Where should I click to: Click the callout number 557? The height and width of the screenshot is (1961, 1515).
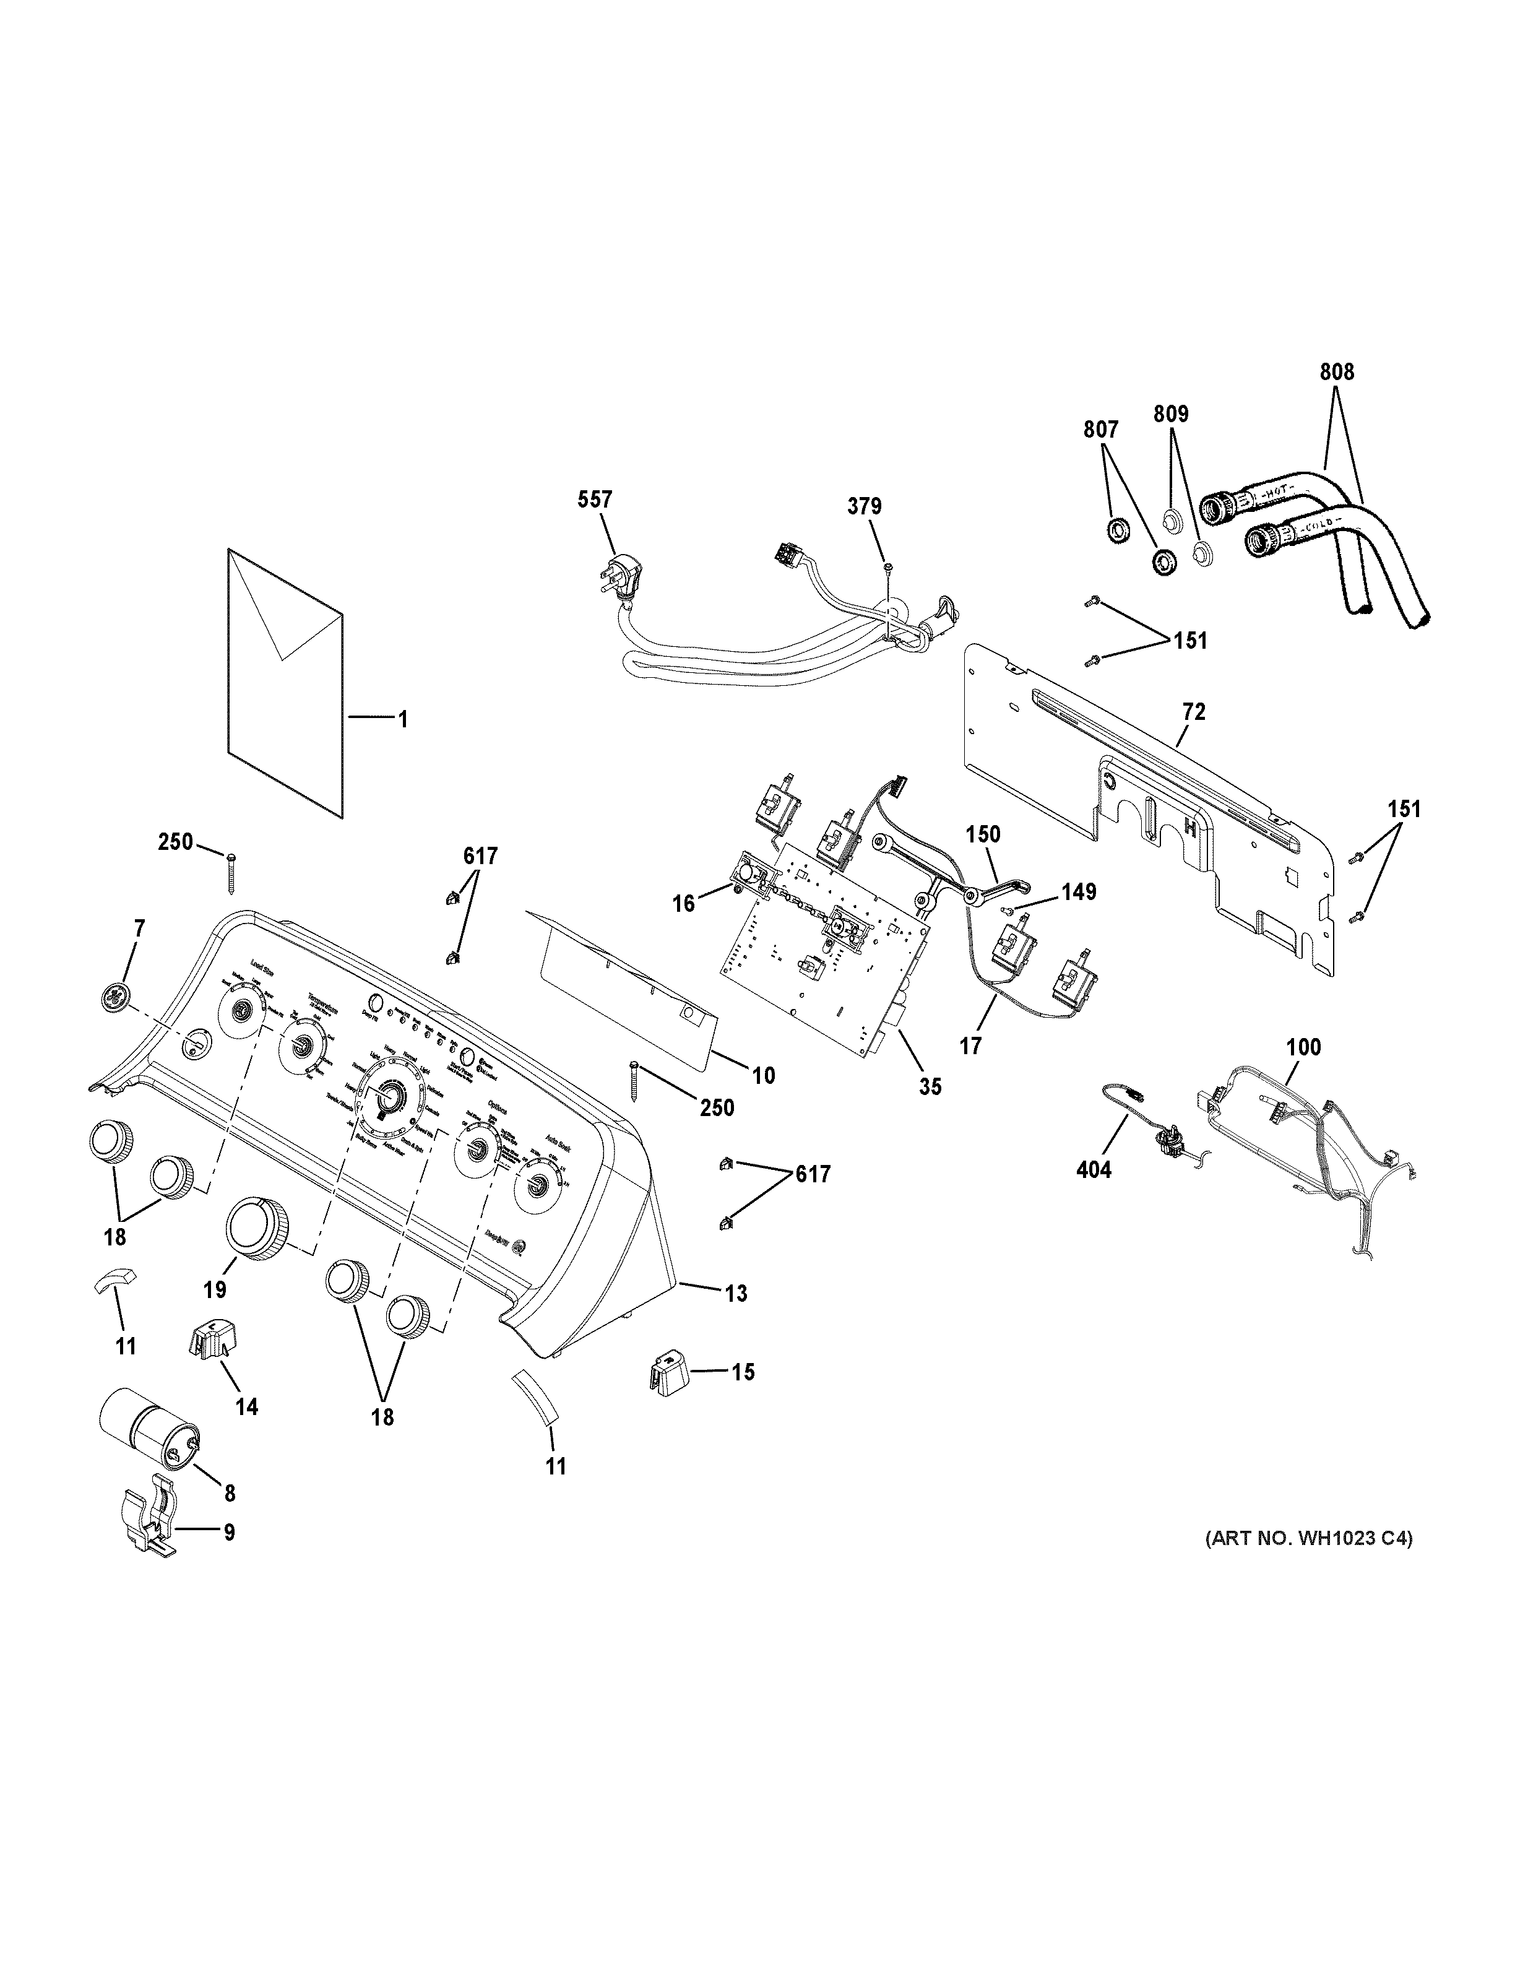coord(596,500)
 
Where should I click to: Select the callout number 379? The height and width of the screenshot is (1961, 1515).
coord(865,506)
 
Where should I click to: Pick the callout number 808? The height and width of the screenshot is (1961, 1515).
coord(1336,372)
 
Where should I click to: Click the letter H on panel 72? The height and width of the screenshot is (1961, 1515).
coord(1190,827)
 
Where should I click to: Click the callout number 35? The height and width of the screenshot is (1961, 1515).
coord(931,1086)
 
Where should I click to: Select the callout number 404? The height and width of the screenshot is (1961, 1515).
coord(1093,1169)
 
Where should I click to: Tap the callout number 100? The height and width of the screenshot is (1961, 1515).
coord(1303,1047)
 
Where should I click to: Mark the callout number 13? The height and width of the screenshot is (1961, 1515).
coord(735,1293)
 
